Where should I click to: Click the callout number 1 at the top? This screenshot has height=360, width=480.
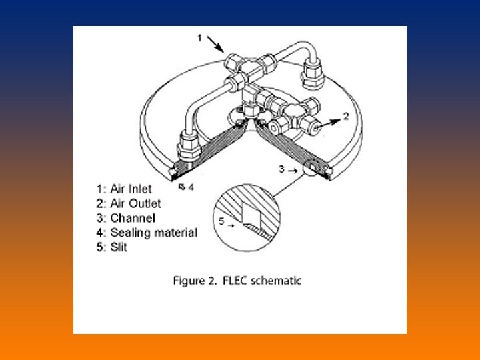click(199, 38)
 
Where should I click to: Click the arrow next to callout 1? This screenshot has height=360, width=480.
click(215, 44)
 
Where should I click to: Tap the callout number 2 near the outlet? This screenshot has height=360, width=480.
click(346, 116)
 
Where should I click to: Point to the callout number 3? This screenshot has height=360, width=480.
click(282, 169)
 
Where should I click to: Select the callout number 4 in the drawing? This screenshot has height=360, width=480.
click(191, 187)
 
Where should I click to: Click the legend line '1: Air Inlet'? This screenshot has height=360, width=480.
click(124, 189)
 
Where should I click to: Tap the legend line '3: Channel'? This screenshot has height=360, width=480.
click(125, 218)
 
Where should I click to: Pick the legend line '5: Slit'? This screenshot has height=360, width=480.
click(113, 247)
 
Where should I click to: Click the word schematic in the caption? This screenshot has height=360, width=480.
click(275, 281)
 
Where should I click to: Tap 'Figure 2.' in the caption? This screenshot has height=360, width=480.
click(193, 281)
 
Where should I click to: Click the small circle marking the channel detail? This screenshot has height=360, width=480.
click(312, 167)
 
